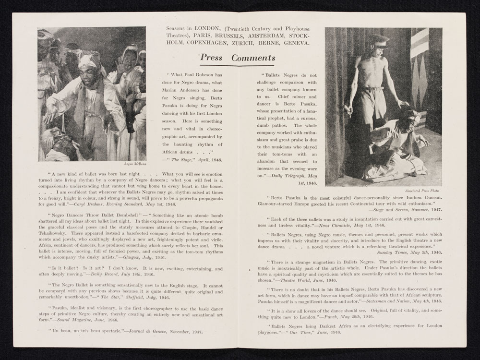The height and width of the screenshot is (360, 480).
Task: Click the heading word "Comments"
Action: pyautogui.click(x=253, y=58)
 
